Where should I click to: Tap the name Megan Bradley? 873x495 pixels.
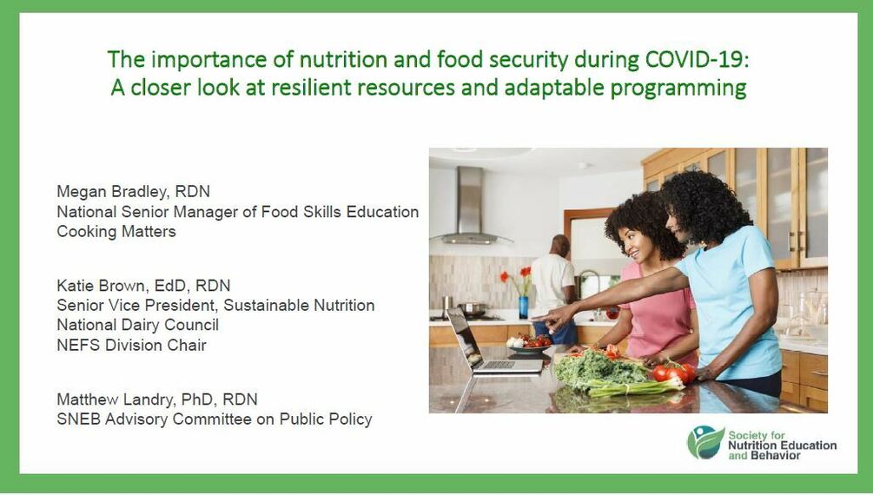pyautogui.click(x=111, y=192)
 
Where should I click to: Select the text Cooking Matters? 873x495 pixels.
pyautogui.click(x=116, y=231)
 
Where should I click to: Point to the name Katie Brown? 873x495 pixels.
pyautogui.click(x=100, y=286)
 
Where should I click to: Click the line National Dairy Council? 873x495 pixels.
pyautogui.click(x=137, y=325)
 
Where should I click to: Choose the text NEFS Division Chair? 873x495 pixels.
pyautogui.click(x=131, y=346)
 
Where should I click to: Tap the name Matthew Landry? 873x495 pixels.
pyautogui.click(x=115, y=399)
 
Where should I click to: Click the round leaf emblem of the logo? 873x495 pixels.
pyautogui.click(x=705, y=443)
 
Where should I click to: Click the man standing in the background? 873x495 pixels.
pyautogui.click(x=553, y=288)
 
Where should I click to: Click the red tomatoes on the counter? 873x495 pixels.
pyautogui.click(x=674, y=373)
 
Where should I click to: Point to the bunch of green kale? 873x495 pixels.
pyautogui.click(x=599, y=369)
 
